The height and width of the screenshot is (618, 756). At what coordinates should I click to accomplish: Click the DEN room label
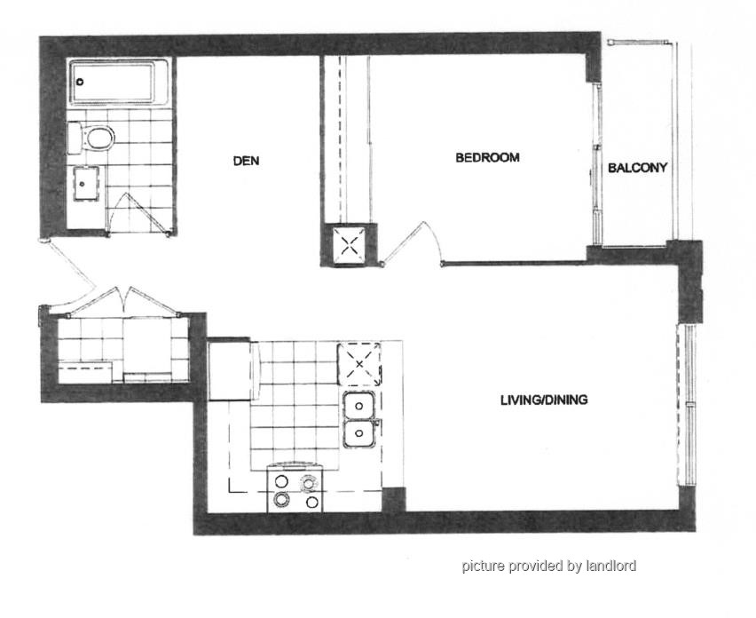point(246,161)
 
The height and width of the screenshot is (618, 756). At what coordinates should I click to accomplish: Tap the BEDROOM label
point(487,158)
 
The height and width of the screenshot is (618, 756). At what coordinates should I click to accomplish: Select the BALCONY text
point(637,168)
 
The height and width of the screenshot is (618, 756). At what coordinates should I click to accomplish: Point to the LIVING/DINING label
point(544,400)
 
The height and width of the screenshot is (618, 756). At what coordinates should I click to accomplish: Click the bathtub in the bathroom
point(119,82)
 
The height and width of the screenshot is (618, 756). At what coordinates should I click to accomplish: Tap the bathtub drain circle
point(80,82)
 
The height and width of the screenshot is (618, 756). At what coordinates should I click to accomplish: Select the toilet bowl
point(99,139)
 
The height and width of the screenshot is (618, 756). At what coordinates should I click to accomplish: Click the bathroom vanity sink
point(86,183)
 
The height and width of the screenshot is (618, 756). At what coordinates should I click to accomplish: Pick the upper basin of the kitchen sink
point(358,406)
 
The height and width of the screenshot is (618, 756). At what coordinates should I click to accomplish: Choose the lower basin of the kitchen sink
point(358,433)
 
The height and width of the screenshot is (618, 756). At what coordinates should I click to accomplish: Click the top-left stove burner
point(281,481)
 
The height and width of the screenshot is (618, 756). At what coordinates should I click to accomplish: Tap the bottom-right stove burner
point(312,503)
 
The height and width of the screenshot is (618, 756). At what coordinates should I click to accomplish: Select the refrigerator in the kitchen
point(230,370)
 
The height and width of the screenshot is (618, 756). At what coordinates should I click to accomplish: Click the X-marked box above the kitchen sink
point(358,364)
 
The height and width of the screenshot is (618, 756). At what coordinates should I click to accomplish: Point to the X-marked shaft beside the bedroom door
point(348,245)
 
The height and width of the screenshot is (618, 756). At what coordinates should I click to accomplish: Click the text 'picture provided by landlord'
point(548,566)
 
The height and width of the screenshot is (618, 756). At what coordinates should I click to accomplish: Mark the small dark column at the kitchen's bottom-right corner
point(394,500)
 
